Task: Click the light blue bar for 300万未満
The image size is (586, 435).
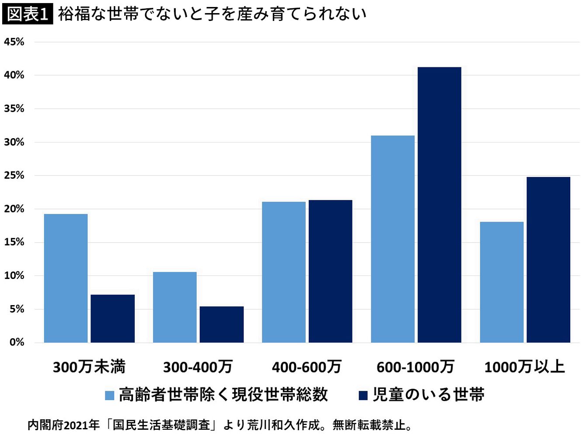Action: (66, 278)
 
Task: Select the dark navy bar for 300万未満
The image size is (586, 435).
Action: (112, 318)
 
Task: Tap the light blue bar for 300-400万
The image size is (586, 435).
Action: (174, 307)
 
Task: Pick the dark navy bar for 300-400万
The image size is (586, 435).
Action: (221, 324)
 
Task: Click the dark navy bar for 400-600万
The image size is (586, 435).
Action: (330, 271)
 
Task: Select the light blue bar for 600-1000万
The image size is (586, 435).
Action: (392, 239)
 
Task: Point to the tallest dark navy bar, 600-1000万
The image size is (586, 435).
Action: (439, 205)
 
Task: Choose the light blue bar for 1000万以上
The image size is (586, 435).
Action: (501, 282)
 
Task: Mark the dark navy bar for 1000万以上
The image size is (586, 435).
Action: (548, 260)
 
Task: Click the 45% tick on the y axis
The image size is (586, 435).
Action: (14, 42)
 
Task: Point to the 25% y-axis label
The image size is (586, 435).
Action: (14, 175)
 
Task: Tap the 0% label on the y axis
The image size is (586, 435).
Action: (17, 342)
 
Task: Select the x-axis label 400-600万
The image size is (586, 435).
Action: (306, 367)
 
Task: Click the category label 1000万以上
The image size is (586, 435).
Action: (524, 367)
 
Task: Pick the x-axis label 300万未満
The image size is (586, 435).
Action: (89, 367)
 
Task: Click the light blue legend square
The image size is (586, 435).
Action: (109, 395)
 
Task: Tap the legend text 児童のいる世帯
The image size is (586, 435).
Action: (428, 395)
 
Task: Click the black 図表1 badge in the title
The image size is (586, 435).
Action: (27, 14)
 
